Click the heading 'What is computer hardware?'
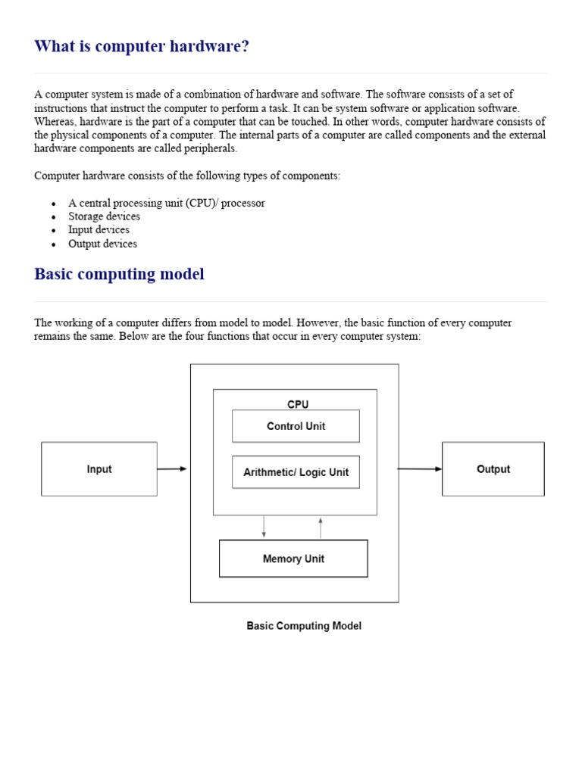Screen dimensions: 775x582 [x=142, y=46]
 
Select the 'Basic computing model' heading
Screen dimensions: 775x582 [x=119, y=274]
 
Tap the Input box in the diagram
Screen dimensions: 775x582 [x=99, y=469]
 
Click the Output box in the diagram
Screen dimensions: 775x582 [x=493, y=469]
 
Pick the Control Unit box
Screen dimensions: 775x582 [x=296, y=426]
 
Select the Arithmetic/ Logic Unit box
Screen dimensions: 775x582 [x=296, y=472]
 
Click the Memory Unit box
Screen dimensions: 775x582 [x=293, y=559]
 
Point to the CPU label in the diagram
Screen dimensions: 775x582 [x=298, y=404]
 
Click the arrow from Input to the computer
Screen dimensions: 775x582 [x=172, y=469]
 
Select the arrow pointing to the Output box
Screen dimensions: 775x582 [x=419, y=469]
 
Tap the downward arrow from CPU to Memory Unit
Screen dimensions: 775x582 [x=264, y=527]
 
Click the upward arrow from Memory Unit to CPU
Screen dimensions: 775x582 [x=321, y=528]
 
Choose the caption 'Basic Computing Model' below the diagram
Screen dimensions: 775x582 [x=304, y=626]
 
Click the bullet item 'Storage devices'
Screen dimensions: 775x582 [x=104, y=216]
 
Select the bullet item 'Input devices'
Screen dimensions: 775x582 [x=99, y=230]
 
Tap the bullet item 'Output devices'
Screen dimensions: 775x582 [x=102, y=244]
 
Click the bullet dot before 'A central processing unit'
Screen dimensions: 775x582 [x=53, y=204]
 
